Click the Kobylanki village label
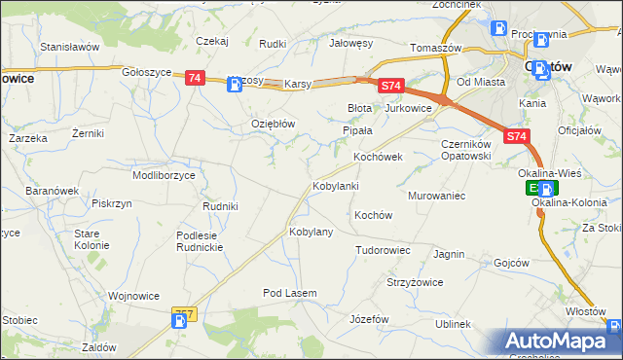click(336, 185)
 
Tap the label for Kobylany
click(311, 233)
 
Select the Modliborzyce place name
click(164, 175)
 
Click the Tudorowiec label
click(383, 250)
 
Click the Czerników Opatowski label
click(456, 150)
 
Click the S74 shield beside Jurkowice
click(390, 87)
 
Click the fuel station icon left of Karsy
click(236, 85)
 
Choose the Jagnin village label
click(449, 254)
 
